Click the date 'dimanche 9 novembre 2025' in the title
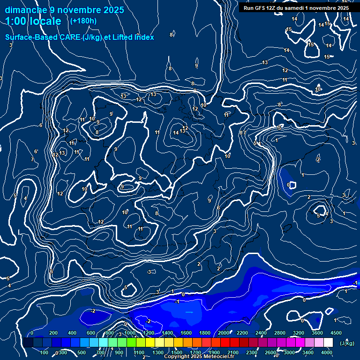(64, 10)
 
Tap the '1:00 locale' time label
(33, 21)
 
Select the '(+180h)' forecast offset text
(83, 21)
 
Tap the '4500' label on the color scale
(336, 333)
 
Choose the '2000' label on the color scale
(223, 333)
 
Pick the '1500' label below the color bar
(177, 352)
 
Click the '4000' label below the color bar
(327, 352)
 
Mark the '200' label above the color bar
(53, 333)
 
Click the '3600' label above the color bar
(317, 333)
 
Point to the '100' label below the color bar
(44, 352)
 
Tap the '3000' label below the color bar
(289, 352)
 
